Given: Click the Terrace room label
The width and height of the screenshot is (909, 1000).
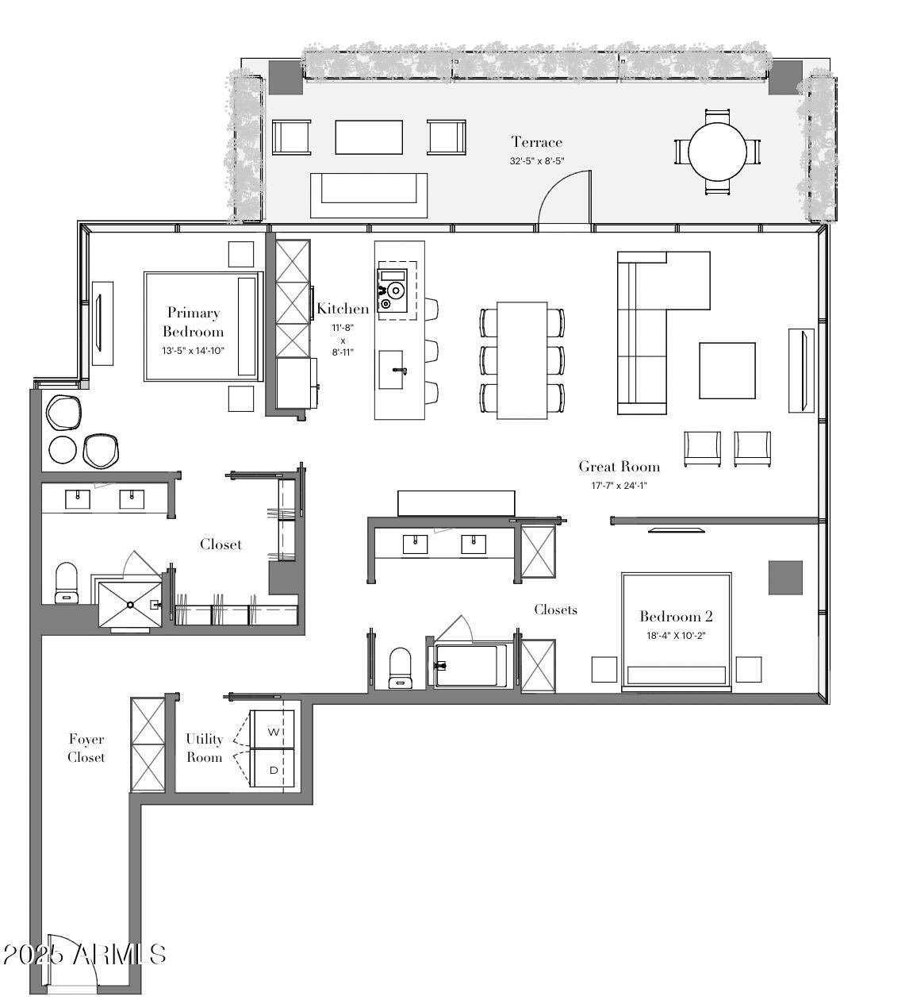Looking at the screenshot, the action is point(536,142).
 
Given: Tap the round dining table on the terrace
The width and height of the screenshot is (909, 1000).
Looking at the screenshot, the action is point(717,152).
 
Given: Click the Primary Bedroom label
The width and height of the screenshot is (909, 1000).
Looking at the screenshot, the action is point(193,322).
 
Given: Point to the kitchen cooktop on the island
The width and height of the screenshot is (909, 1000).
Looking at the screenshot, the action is point(392,290).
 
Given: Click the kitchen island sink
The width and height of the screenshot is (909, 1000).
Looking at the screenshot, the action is point(391,369).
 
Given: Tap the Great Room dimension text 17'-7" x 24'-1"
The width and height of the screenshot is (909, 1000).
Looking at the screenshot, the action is point(619,486).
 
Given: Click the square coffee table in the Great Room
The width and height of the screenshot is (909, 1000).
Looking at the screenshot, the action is point(727,371).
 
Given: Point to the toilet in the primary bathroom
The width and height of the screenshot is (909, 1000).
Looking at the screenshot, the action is point(67,583).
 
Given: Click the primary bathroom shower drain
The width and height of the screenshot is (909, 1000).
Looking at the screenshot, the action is point(130,605).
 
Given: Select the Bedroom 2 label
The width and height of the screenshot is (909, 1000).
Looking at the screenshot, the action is point(676,617).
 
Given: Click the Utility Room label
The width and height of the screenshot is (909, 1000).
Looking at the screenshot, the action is point(205,748).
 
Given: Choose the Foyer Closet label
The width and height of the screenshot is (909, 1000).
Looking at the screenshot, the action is point(86,748).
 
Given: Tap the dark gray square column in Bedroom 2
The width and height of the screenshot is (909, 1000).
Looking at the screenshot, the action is point(785,578).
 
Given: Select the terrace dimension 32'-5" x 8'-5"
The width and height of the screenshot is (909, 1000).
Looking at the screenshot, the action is point(537,161).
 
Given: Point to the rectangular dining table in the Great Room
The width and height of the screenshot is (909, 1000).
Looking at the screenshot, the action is point(522,360).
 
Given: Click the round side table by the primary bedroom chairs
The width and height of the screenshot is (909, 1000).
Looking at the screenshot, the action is point(63,450).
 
